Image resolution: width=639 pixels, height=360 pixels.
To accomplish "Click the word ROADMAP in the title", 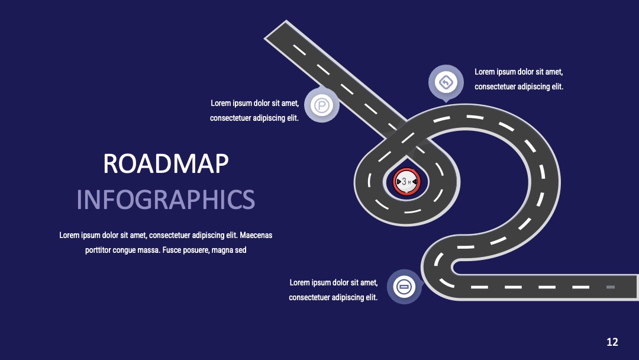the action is tap(166, 163).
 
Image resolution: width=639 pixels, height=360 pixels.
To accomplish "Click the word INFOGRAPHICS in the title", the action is tap(166, 200).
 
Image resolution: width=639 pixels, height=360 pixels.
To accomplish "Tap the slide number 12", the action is tap(612, 342).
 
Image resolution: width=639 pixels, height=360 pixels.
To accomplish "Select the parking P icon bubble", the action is tap(321, 105).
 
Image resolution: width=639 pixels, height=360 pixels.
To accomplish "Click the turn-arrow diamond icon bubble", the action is tap(446, 83).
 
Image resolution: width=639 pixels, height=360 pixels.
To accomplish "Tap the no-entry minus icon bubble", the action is tap(404, 287).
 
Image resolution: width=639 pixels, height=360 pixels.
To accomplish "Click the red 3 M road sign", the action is tap(406, 181).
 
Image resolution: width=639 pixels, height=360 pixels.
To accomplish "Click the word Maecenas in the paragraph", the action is tap(256, 235).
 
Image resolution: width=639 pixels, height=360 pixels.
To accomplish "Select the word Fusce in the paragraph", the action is tap(171, 250).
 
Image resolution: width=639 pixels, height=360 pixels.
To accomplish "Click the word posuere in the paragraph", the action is tap(196, 250).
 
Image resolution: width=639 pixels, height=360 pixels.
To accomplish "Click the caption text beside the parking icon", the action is tap(254, 111).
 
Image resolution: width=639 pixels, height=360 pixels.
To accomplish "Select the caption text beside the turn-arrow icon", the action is tap(519, 79).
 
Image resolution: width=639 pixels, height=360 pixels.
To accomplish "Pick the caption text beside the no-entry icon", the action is tap(333, 290).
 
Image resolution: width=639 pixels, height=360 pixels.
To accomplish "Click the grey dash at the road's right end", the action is tap(610, 287).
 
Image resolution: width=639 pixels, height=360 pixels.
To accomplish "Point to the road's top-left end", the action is tap(275, 30).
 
